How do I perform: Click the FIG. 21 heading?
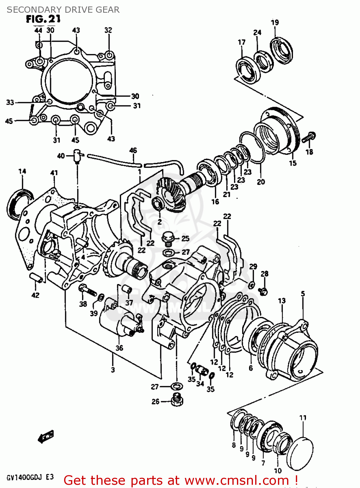43,19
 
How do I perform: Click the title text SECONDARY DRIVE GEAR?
63,10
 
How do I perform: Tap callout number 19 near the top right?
275,22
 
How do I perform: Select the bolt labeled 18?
309,137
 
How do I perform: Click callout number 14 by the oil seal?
22,171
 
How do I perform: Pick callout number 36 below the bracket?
119,348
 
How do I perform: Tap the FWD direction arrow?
46,437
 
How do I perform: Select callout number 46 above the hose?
133,150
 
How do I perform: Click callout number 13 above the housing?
282,301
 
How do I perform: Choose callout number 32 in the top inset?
108,30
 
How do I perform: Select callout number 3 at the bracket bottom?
113,370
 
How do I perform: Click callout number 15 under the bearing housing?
293,163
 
